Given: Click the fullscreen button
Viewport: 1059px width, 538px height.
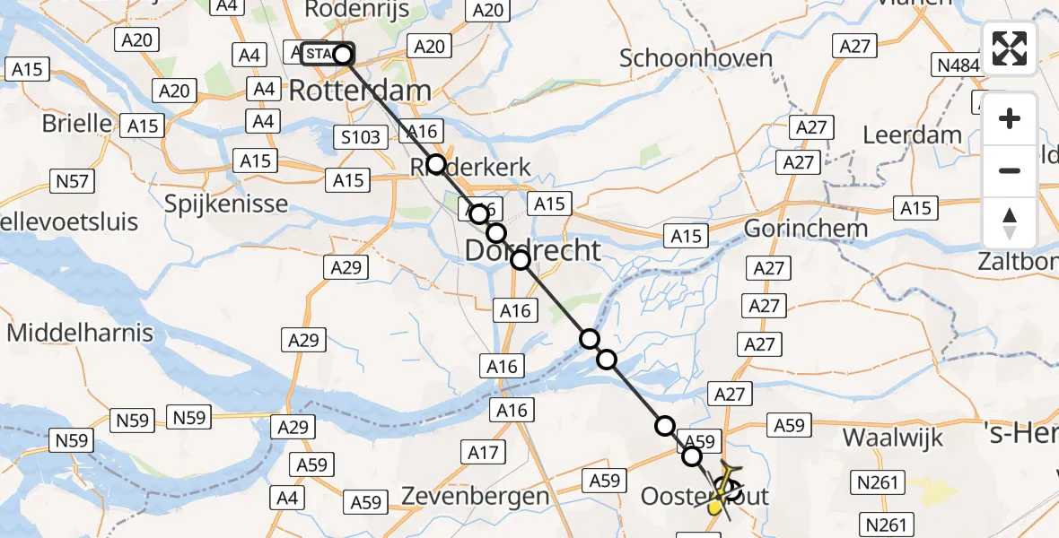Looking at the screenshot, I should tap(1010, 48).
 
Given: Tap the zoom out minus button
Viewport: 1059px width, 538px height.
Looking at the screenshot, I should tap(1010, 170).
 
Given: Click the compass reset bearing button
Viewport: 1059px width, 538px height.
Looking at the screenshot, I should tap(1010, 222).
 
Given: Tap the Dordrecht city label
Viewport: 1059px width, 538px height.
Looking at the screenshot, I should tap(532, 250).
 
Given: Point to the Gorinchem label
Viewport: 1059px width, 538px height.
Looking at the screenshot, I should tap(807, 228).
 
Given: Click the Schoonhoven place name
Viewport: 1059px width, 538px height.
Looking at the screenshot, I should tap(696, 58).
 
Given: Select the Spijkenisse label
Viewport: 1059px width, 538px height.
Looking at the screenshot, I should tap(226, 204).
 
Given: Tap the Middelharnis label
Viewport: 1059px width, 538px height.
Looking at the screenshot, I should tap(80, 333).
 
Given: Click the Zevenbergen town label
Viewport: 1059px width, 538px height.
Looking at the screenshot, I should tap(475, 496).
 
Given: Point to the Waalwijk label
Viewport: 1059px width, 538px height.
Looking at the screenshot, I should tap(893, 438).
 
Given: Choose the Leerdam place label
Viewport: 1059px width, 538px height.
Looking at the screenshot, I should tap(912, 135).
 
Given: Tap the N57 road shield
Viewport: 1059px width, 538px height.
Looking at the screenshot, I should tap(71, 182).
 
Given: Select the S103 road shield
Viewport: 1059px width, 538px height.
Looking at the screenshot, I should tap(361, 138).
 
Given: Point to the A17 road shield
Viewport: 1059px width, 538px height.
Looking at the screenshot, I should tap(483, 453).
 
